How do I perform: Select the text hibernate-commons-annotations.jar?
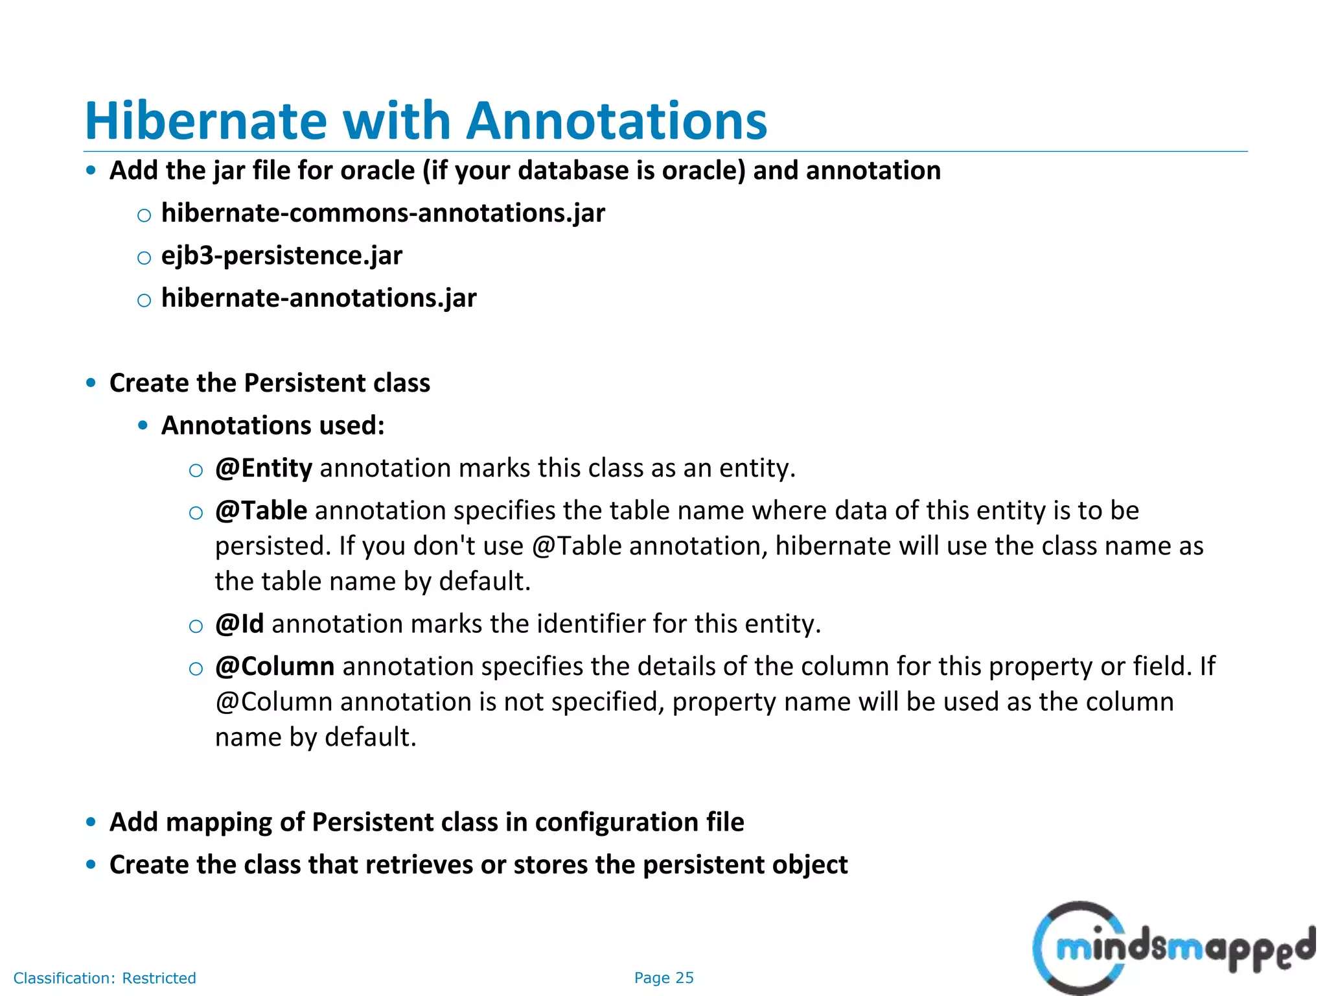(382, 213)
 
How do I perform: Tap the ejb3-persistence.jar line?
(281, 255)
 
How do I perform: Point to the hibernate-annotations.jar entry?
(318, 298)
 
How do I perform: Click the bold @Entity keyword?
(264, 468)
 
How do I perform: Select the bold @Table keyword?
(261, 510)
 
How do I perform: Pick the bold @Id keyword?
(240, 624)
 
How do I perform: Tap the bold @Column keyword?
(275, 667)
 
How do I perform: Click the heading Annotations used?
(273, 425)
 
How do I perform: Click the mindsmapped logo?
(1173, 947)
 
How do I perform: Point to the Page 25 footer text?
(663, 978)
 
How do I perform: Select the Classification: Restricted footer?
(104, 978)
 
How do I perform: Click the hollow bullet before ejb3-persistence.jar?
(144, 257)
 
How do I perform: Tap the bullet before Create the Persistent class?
(91, 383)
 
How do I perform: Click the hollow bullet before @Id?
(196, 626)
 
